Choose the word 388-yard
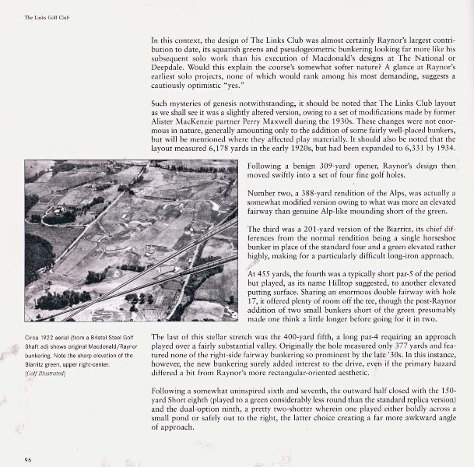pyautogui.click(x=313, y=195)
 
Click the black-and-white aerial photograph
pyautogui.click(x=131, y=241)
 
